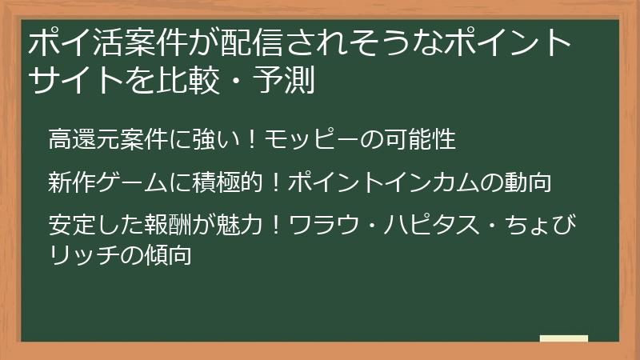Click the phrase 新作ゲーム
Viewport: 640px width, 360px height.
(x=106, y=182)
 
